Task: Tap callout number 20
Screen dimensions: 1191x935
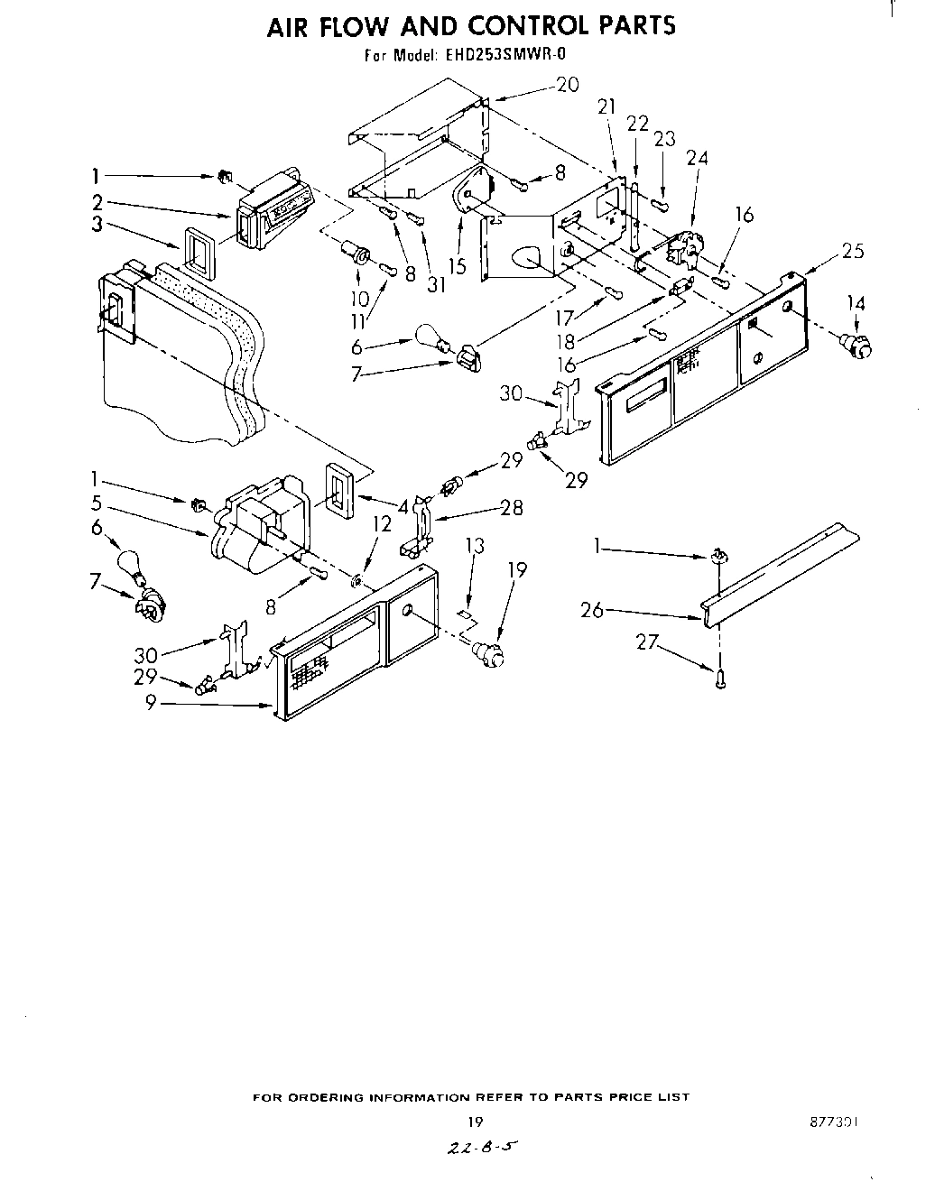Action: [x=567, y=85]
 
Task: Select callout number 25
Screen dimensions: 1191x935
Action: [x=852, y=250]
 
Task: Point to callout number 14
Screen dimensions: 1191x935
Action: [x=856, y=303]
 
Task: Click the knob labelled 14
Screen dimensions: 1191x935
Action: [x=856, y=344]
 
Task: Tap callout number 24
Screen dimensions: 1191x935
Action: [x=697, y=157]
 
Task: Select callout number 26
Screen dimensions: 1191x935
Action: [x=592, y=610]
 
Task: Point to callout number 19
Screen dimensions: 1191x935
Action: [x=516, y=569]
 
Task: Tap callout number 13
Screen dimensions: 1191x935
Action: [x=475, y=546]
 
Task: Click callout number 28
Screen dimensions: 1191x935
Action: [x=513, y=509]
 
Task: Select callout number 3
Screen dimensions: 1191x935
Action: [x=97, y=225]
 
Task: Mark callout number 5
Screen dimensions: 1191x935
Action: [x=97, y=503]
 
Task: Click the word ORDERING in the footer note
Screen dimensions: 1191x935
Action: [x=336, y=1097]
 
